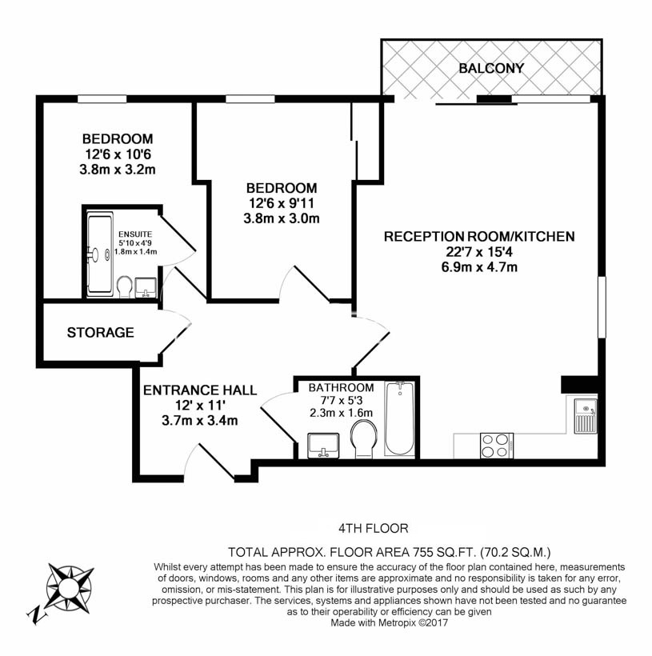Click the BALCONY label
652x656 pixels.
tap(491, 69)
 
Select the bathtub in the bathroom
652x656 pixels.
tap(399, 418)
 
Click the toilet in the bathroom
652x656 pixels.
tap(364, 438)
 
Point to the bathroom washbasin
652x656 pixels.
tap(323, 445)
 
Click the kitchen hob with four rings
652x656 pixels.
tap(497, 445)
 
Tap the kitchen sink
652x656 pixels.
tap(586, 414)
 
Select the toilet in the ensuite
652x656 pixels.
tap(126, 286)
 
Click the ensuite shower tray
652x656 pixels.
tap(100, 254)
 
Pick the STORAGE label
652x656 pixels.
tap(100, 332)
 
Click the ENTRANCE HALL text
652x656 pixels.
tap(200, 390)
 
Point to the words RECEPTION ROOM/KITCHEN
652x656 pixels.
tap(479, 237)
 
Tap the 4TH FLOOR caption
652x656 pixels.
tap(374, 528)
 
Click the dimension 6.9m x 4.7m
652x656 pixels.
tap(479, 266)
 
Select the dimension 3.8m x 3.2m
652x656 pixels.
tap(117, 169)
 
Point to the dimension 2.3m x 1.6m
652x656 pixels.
tap(342, 413)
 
